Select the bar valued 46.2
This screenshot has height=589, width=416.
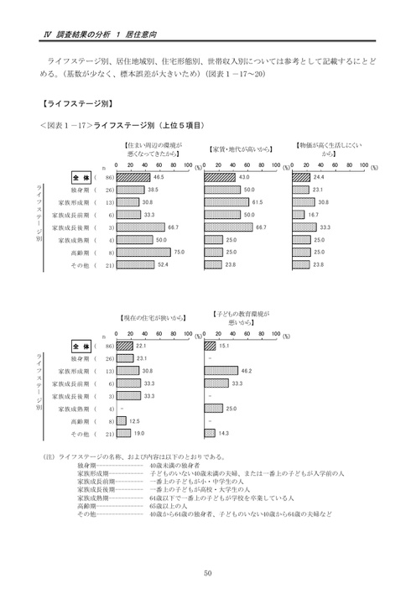click(221, 370)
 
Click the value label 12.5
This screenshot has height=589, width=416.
click(133, 420)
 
